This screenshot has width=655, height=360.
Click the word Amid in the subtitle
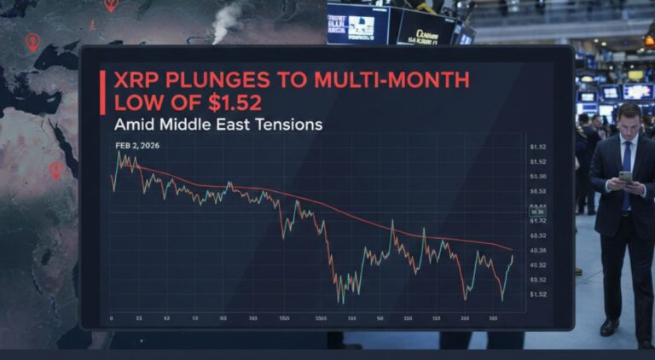point(132,125)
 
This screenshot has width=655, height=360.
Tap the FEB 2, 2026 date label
point(137,145)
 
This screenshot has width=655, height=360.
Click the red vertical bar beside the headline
point(102,92)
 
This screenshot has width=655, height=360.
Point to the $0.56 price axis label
point(537,176)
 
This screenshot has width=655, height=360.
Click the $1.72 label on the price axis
point(537,220)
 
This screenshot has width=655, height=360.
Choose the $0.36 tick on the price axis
point(538,250)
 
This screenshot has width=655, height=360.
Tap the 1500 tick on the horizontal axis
point(284,318)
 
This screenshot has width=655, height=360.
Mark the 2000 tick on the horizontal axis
point(322,318)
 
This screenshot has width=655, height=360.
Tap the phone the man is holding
point(625,177)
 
